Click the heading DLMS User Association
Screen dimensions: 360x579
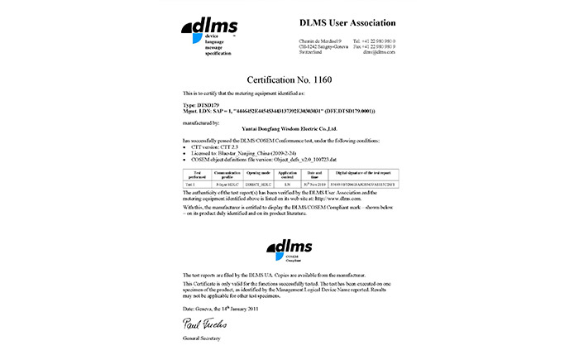click(x=347, y=22)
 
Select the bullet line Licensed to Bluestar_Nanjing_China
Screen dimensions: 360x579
click(x=236, y=151)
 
